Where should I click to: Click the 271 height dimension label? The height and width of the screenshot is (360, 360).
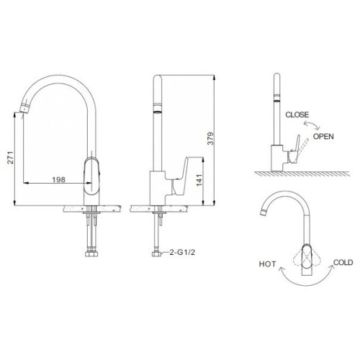[x=10, y=158]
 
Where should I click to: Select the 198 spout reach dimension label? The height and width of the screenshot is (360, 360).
[x=58, y=179]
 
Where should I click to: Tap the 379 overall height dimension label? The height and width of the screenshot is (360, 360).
[x=210, y=138]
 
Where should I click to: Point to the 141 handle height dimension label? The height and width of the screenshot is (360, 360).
[x=199, y=180]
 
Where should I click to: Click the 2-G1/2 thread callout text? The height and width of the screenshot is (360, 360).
[x=182, y=252]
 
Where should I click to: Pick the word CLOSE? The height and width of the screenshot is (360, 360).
[x=297, y=114]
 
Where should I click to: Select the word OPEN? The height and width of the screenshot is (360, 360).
[x=323, y=136]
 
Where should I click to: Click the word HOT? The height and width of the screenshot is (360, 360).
[x=268, y=264]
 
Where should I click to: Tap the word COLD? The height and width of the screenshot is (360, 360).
[x=343, y=263]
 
